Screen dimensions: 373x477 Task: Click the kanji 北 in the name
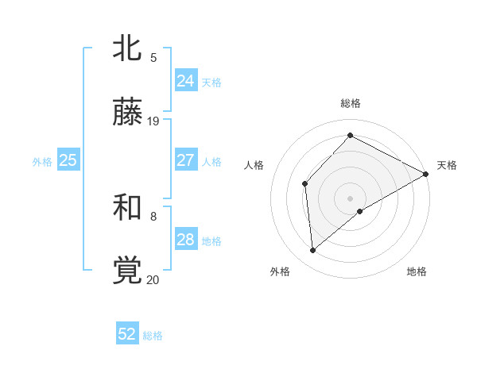coord(128,50)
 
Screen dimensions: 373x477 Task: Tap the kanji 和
coord(128,208)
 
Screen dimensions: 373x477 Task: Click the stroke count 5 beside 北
coord(153,57)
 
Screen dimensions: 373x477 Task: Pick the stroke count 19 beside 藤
coord(153,121)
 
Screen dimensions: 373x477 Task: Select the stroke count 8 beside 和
coord(153,215)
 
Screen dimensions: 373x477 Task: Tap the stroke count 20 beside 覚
coord(153,279)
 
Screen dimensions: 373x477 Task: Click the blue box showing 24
coord(185,80)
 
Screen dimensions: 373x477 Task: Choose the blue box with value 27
coord(185,160)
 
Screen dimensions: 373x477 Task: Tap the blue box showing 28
coord(185,240)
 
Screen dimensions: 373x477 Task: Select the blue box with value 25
coord(68,160)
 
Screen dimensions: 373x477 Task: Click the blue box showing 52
coord(127,334)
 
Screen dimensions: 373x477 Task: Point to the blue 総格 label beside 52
coord(153,336)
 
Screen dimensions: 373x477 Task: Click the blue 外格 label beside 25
coord(42,162)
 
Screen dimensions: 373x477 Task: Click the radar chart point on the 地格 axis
coord(360,211)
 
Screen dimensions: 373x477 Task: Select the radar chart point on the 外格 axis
coord(313,250)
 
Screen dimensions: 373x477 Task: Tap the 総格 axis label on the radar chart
coord(351,103)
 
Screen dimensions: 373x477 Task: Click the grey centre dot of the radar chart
coord(351,198)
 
